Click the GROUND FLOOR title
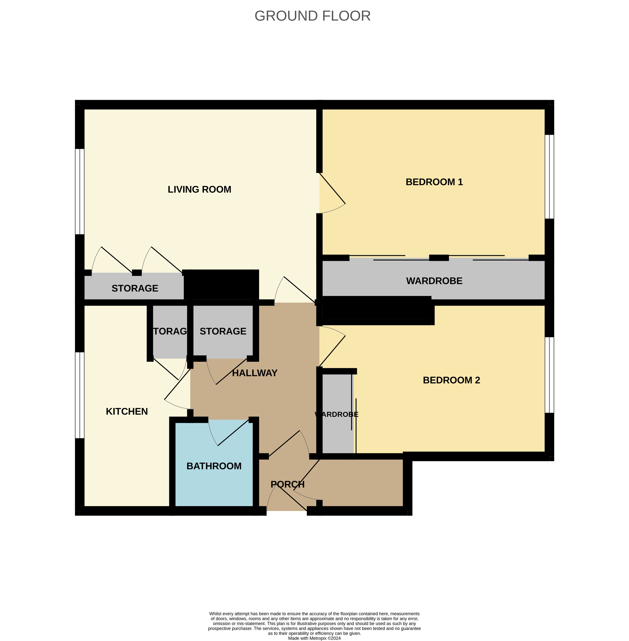click(x=312, y=16)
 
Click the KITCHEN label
click(x=127, y=411)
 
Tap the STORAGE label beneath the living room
click(x=135, y=289)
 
